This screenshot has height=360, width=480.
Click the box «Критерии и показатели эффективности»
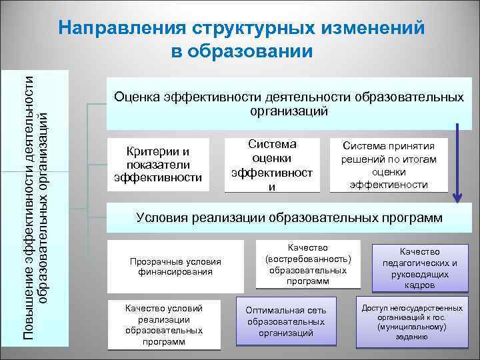(x=158, y=164)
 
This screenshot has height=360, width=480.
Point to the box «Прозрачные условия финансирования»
(x=175, y=266)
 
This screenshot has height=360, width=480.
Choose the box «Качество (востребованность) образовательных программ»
(x=308, y=264)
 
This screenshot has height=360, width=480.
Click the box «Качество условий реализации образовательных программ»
(x=164, y=325)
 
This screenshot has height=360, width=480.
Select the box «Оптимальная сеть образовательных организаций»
(x=286, y=321)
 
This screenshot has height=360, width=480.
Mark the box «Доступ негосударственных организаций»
(x=412, y=323)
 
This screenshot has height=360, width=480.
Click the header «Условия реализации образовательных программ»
(x=289, y=217)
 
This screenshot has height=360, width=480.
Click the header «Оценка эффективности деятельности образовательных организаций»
(x=289, y=104)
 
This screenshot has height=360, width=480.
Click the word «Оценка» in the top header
(x=136, y=97)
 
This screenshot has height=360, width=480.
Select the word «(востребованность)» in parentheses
(x=308, y=259)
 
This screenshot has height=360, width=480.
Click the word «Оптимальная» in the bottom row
(x=273, y=311)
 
